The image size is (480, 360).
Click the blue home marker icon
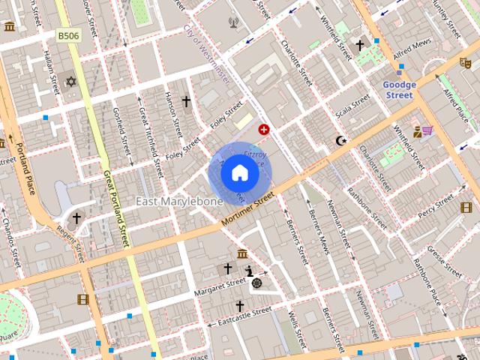tap(239, 172)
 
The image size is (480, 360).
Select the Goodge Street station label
tap(398, 90)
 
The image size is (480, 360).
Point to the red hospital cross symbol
tap(264, 130)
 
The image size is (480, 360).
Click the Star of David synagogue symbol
tap(72, 81)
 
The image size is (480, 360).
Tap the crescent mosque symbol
tap(342, 140)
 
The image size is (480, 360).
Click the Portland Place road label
tap(25, 172)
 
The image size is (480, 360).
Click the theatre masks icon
tap(465, 64)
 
